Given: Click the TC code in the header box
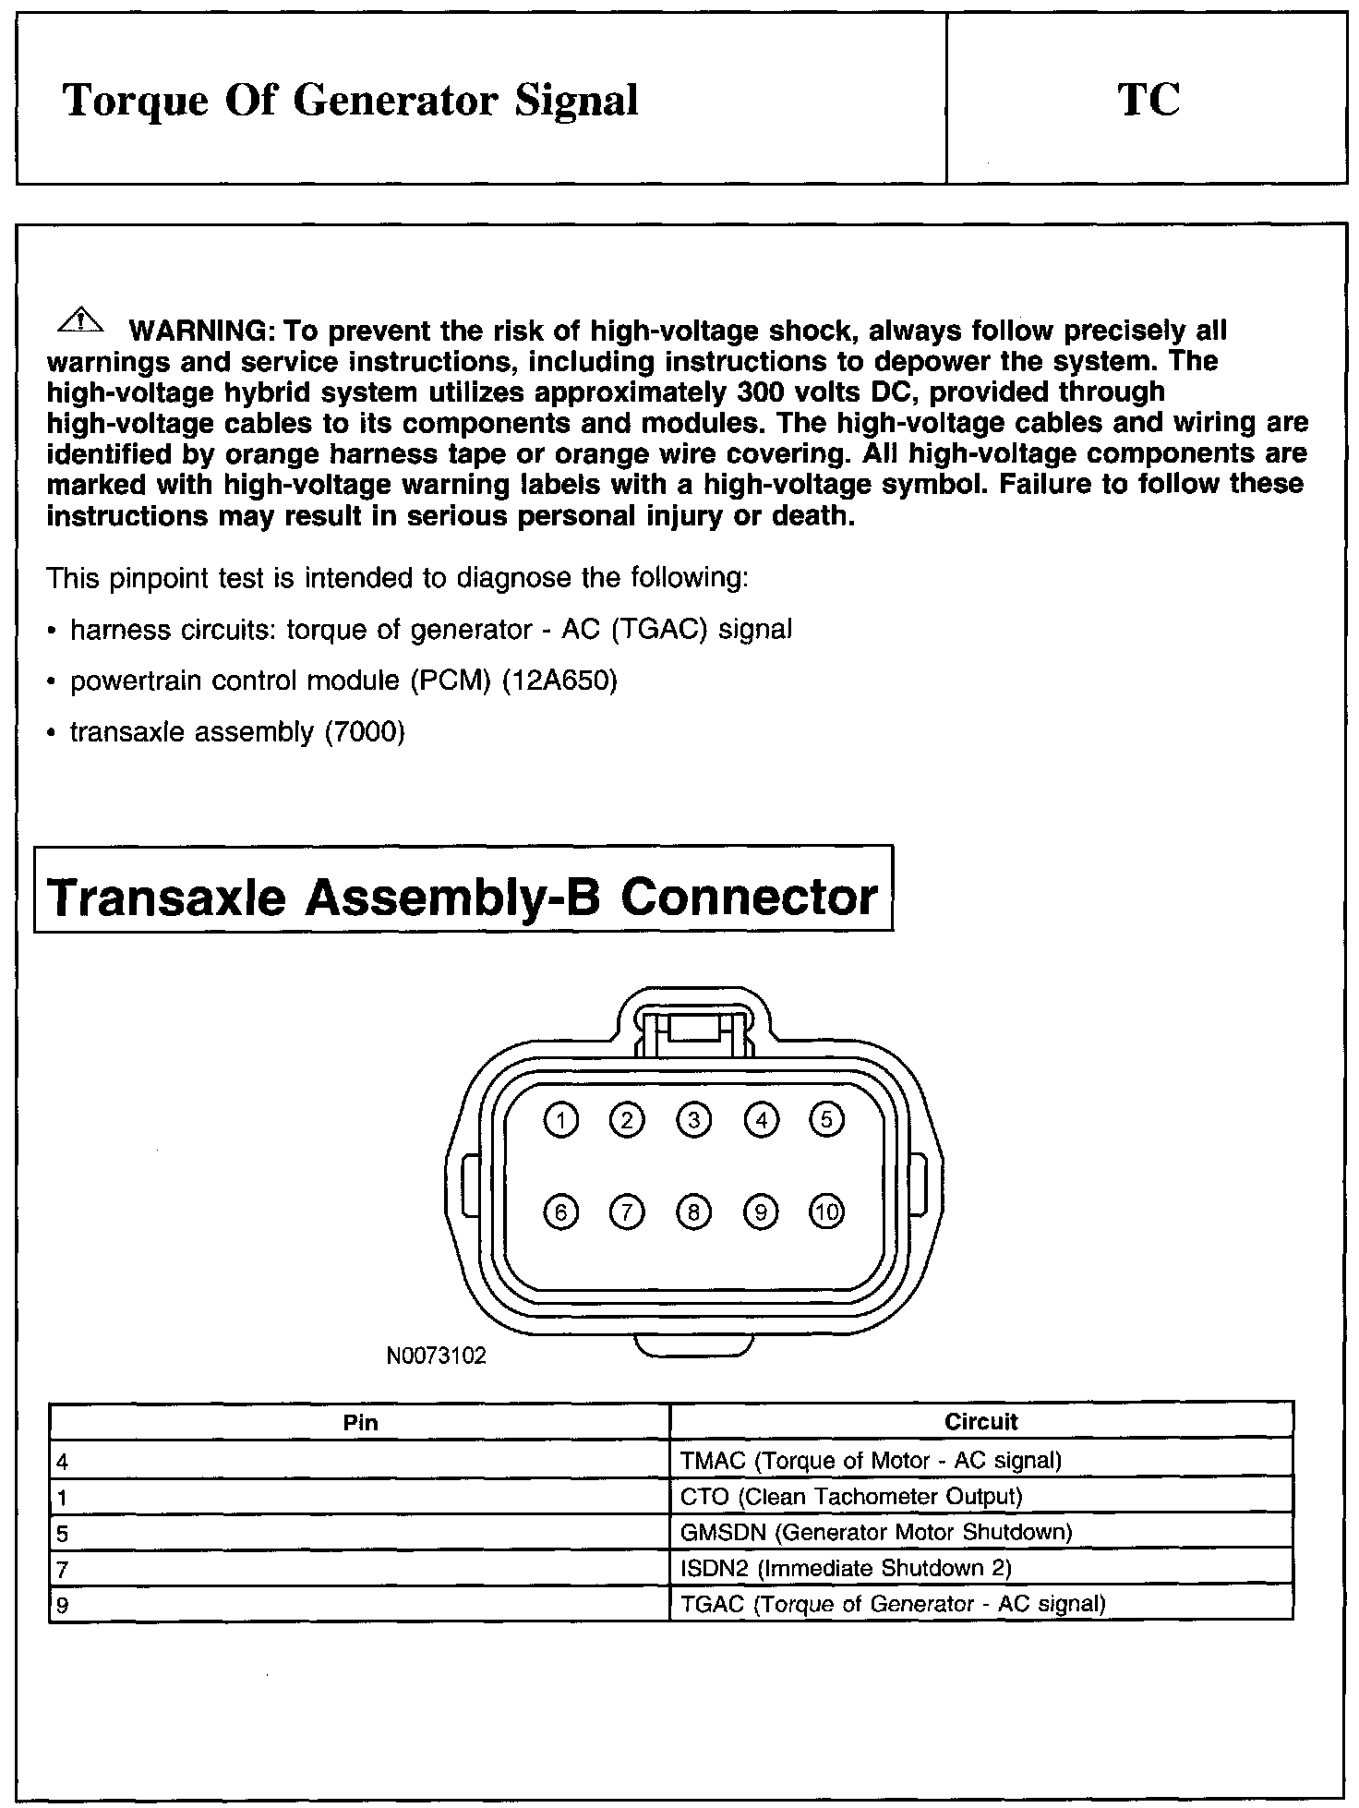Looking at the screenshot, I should click(x=1149, y=100).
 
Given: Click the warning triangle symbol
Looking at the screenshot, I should click(x=82, y=320).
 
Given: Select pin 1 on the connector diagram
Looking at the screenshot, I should click(x=560, y=1120).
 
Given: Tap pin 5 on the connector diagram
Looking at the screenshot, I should click(x=826, y=1120).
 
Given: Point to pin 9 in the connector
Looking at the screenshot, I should click(x=761, y=1211).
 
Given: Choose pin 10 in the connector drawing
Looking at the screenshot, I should click(x=827, y=1211).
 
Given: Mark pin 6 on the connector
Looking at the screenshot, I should click(x=560, y=1211).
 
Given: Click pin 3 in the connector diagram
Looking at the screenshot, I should click(x=693, y=1120).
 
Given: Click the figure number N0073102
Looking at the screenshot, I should click(x=436, y=1356).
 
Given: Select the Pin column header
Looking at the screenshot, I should click(x=360, y=1422).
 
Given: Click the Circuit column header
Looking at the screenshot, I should click(x=980, y=1422).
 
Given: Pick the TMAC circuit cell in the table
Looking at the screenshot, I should click(x=871, y=1460).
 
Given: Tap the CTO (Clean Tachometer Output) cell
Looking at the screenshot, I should click(x=850, y=1496).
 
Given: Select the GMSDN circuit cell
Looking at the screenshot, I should click(x=875, y=1533).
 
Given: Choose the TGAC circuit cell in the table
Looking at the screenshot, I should click(x=892, y=1604).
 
